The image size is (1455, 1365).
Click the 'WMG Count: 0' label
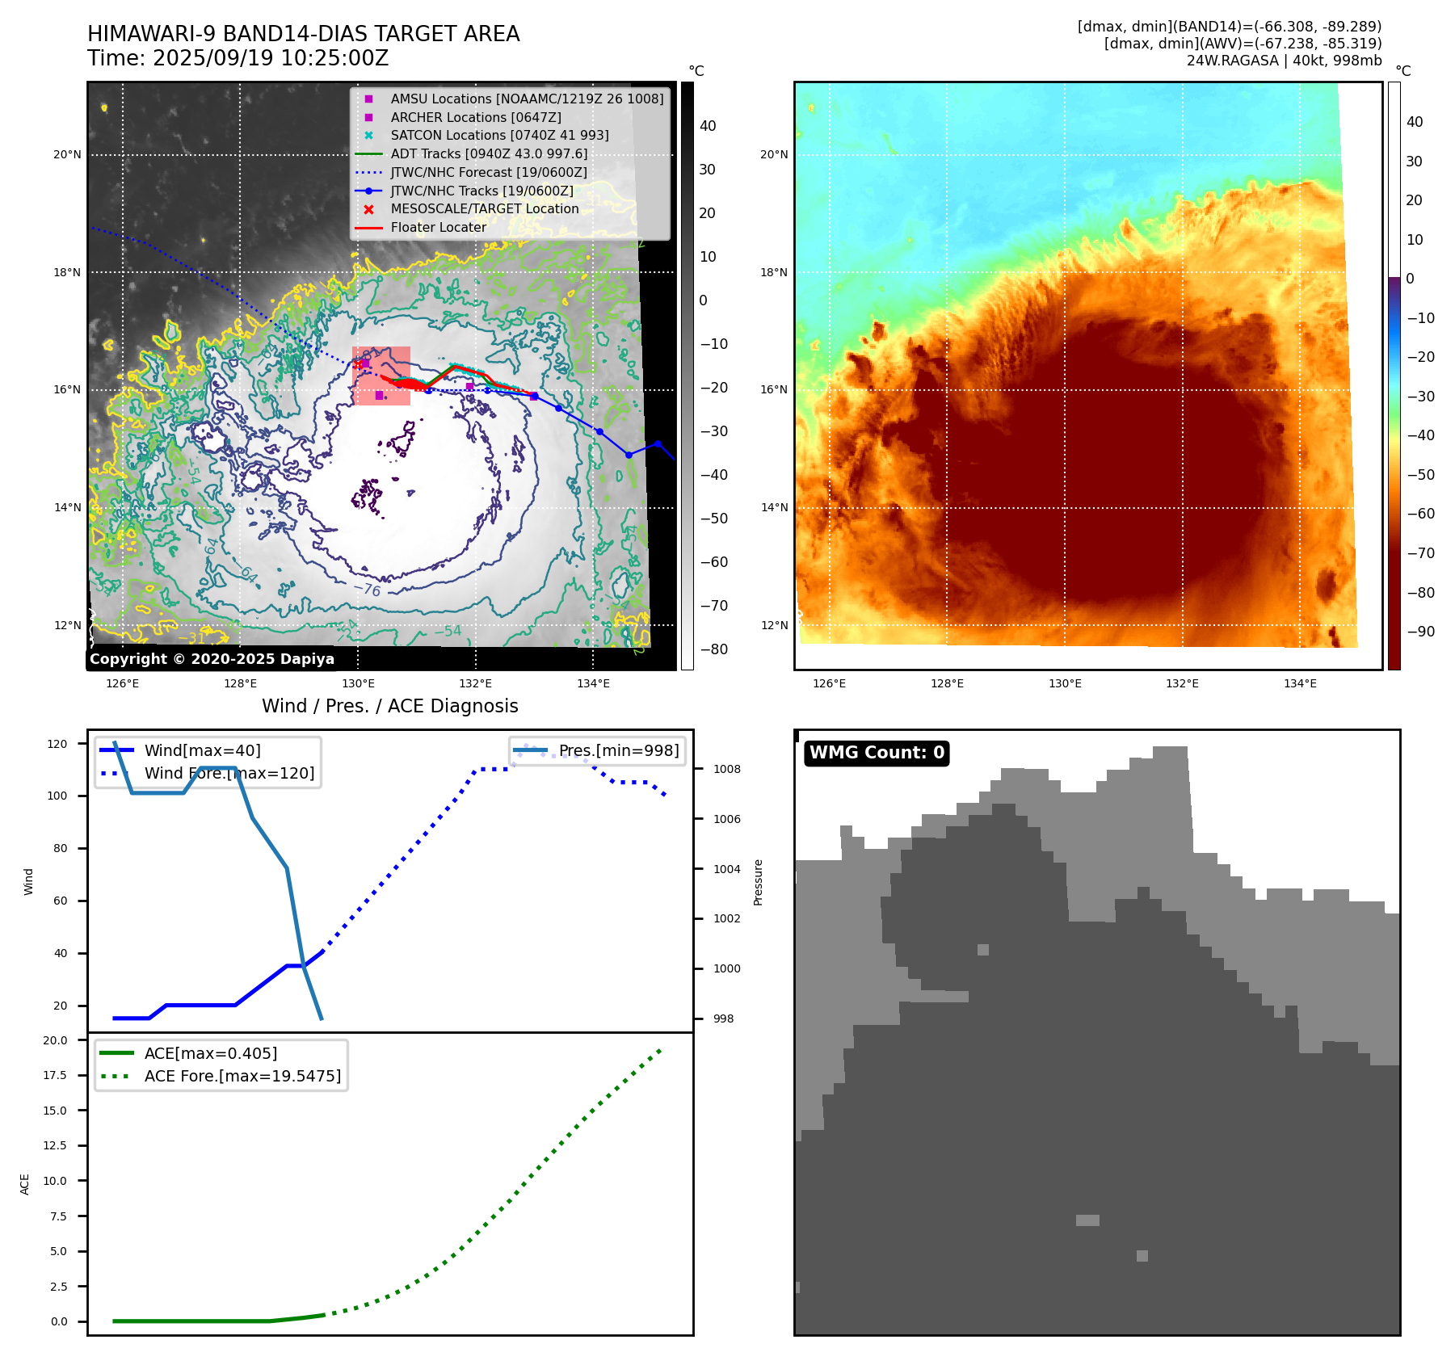pos(877,753)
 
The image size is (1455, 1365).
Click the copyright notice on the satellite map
pos(212,659)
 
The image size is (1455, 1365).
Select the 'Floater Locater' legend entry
pos(438,228)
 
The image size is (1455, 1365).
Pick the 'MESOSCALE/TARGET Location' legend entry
pos(484,209)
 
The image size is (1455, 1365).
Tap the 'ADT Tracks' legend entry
pos(489,153)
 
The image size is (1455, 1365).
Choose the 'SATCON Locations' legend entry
pos(499,136)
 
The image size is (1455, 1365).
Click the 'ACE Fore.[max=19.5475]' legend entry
pos(242,1077)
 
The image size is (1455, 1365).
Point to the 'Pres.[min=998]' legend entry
pos(619,751)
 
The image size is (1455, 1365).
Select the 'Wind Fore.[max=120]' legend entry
pos(229,774)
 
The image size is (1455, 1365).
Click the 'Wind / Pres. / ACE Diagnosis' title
pos(390,707)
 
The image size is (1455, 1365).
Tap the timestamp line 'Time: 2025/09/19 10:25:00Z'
pos(238,59)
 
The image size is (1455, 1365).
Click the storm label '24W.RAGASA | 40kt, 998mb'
pos(1284,61)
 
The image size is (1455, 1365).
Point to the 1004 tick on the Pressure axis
pos(726,870)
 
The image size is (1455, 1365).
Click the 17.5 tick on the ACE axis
pos(56,1076)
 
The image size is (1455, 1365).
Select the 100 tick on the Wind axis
pos(57,796)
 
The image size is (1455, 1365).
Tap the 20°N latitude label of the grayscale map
pos(67,155)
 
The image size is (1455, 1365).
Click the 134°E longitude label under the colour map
pos(1300,684)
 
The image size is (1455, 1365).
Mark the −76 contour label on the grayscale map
pos(368,590)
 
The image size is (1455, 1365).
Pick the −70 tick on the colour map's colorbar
pos(1420,554)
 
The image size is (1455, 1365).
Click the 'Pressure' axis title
pos(758,882)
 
